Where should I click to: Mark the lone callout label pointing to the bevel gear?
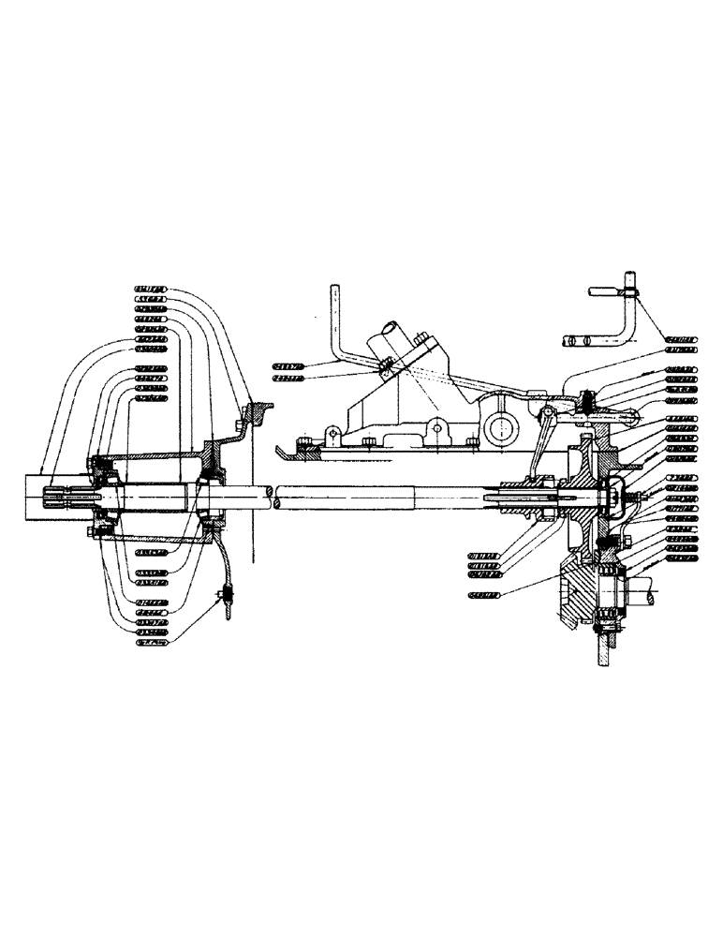[x=484, y=594]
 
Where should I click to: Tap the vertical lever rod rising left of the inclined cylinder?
[x=333, y=319]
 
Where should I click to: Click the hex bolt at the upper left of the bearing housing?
[x=93, y=462]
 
